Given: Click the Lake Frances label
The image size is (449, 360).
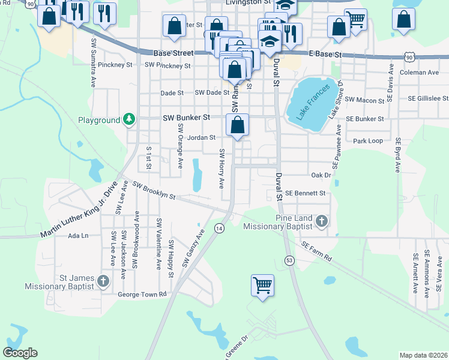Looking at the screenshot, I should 309,101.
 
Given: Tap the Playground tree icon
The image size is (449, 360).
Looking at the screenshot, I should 128,120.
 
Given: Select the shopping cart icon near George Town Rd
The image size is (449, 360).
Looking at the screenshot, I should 263,285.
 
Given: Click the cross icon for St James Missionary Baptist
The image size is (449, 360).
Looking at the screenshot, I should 103,280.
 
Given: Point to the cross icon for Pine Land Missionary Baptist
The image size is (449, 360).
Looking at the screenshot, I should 322,221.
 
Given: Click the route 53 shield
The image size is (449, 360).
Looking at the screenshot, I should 289,260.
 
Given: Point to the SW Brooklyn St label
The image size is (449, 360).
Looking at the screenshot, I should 153,192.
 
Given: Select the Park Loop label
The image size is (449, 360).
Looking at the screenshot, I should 368,141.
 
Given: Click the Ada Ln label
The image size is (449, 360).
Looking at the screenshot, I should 78,236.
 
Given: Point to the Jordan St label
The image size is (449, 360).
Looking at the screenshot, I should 201,137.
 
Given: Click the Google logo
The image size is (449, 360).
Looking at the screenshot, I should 20,353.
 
